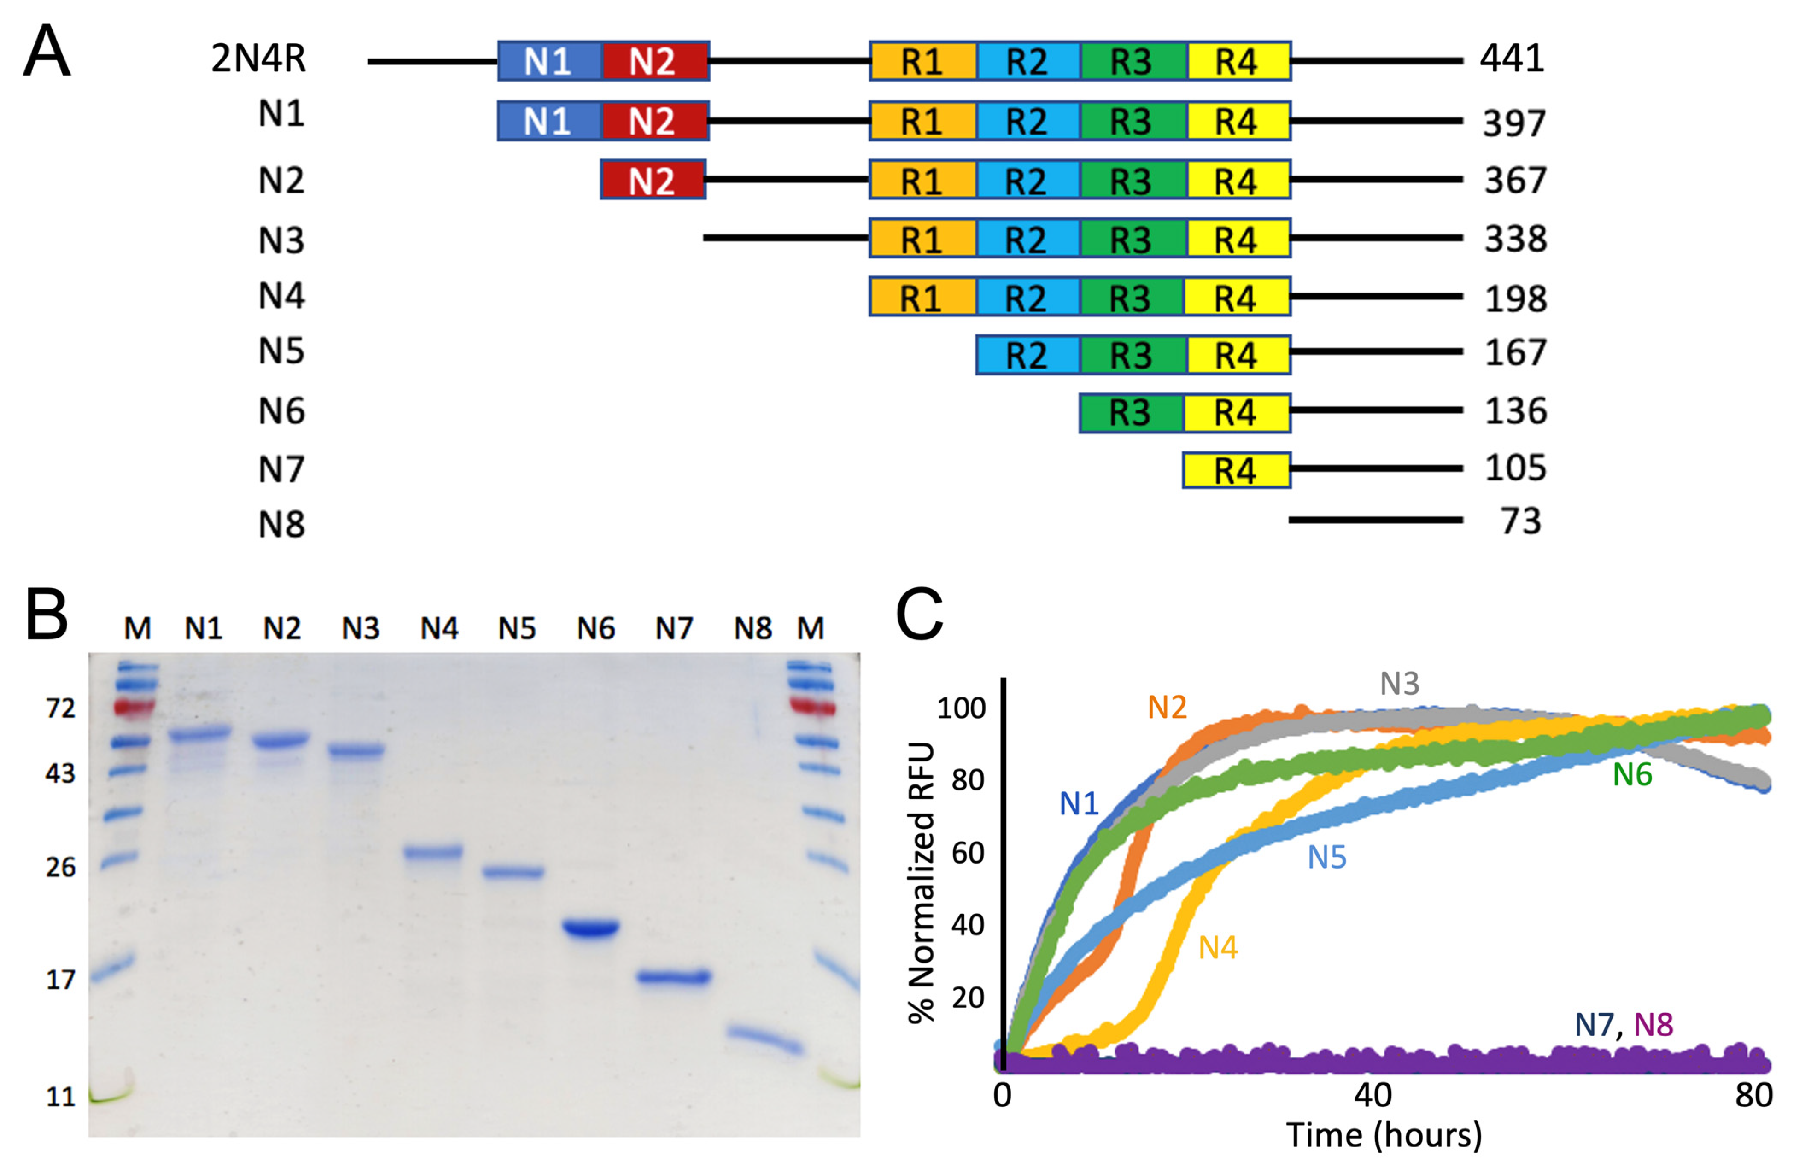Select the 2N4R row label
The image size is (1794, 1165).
tap(258, 59)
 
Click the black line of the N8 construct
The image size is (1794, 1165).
tap(1375, 520)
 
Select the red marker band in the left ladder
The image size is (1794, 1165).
tap(133, 707)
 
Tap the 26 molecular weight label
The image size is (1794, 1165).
tap(60, 867)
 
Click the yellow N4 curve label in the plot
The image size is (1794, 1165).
tap(1218, 948)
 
